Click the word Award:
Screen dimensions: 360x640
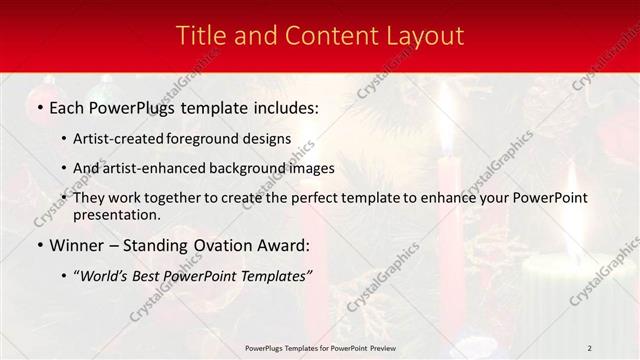[280, 245]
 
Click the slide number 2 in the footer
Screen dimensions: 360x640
[589, 347]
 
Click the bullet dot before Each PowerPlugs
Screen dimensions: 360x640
[39, 106]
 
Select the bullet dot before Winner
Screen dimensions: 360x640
[39, 245]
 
